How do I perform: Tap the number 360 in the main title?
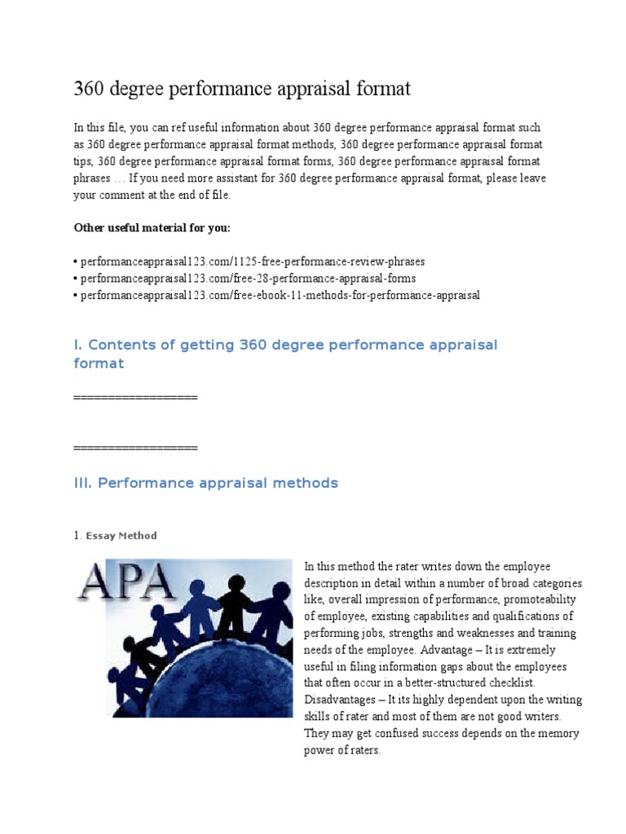coord(90,89)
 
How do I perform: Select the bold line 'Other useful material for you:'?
coord(152,227)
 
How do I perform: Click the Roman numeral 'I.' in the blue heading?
coord(78,345)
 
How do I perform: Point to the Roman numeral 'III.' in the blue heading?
coord(84,483)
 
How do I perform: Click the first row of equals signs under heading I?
coord(135,397)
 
